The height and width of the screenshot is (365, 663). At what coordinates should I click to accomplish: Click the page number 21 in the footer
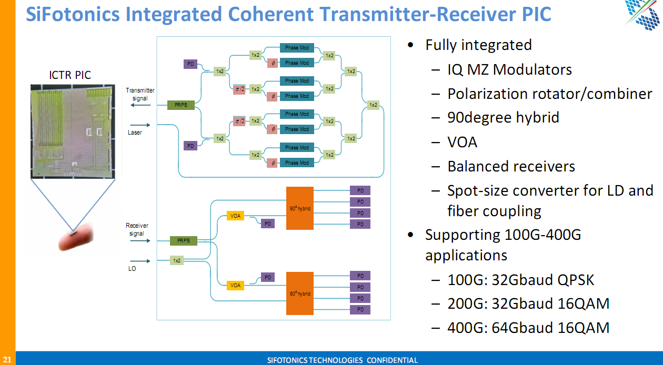(7, 360)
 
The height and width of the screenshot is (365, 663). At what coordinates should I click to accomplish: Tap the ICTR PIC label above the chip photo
(70, 75)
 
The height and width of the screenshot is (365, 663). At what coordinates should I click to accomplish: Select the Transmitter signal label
(140, 94)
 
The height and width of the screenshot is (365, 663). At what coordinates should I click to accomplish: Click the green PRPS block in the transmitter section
(181, 105)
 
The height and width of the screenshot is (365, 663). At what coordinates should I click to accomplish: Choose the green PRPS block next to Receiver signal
(184, 241)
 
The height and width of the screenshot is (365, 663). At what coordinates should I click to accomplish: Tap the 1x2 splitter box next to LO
(177, 260)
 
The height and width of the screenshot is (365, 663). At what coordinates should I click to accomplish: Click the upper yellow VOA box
(236, 216)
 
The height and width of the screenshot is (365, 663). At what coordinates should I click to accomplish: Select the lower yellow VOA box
(236, 285)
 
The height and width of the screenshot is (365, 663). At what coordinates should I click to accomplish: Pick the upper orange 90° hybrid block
(300, 208)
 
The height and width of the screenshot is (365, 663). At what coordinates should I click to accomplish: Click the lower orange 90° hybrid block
(300, 293)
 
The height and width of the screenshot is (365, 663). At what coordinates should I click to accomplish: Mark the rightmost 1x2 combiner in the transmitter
(373, 105)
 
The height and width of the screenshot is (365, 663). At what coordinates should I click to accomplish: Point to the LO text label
(132, 269)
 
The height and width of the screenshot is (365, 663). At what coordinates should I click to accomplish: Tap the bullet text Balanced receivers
(511, 166)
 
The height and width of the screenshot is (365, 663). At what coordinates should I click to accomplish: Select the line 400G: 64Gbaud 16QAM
(528, 328)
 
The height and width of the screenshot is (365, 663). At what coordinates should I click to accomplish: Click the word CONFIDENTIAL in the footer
(392, 360)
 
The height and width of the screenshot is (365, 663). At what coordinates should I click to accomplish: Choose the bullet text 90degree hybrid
(503, 117)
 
